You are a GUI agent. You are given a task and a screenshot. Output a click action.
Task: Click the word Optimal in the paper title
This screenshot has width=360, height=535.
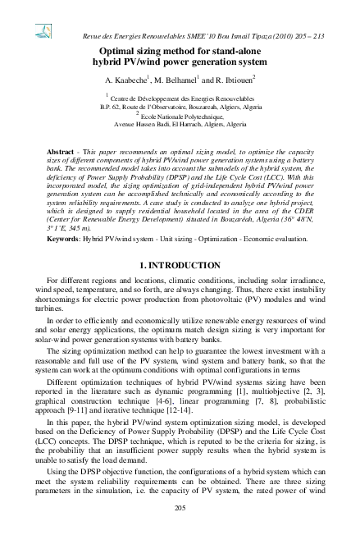tap(116, 49)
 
